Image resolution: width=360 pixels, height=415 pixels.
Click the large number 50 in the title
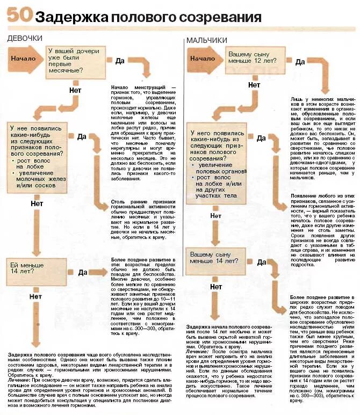(x=19, y=16)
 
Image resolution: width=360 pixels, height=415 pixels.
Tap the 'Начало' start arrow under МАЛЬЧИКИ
(x=203, y=59)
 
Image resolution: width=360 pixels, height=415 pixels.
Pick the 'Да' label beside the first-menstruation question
(x=120, y=61)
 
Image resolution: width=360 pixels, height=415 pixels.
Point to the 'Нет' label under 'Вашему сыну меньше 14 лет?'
(x=216, y=287)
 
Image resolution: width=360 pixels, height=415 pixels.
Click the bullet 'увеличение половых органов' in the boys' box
(x=219, y=168)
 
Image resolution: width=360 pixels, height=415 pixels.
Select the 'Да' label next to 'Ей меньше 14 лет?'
(x=82, y=272)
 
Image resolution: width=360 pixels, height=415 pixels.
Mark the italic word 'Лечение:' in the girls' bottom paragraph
(x=19, y=379)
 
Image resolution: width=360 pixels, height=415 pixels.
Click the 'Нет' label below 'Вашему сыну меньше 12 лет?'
(x=254, y=85)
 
